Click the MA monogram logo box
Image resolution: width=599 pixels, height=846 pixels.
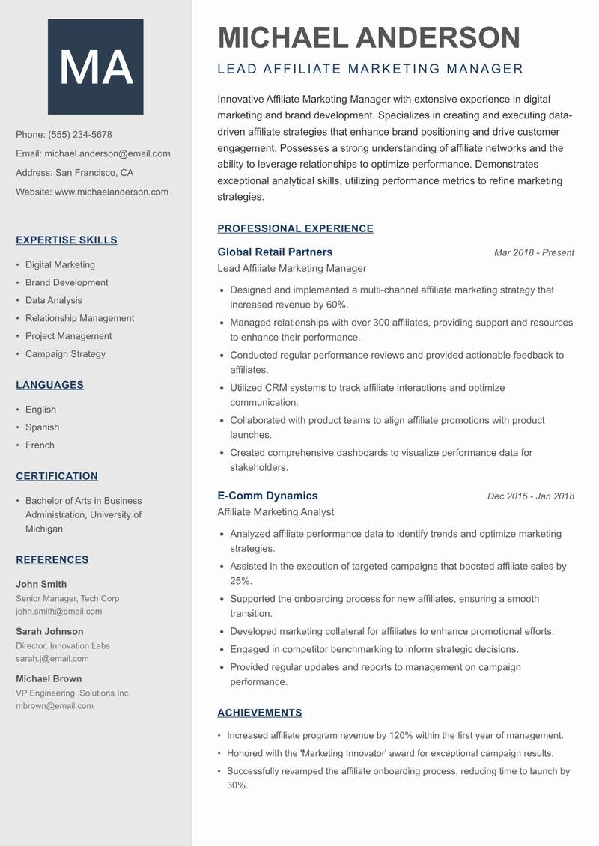(95, 67)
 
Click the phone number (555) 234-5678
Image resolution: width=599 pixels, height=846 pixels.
(80, 135)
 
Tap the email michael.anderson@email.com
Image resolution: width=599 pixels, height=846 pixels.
(107, 153)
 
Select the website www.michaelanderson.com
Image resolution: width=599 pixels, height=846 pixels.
(112, 192)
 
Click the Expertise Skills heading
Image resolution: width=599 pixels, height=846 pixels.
(67, 240)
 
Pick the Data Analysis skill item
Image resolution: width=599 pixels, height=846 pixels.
(54, 300)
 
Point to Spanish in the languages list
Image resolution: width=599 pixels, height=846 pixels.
(42, 427)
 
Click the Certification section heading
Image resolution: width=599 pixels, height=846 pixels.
(57, 476)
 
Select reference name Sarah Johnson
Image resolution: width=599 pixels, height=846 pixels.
(49, 631)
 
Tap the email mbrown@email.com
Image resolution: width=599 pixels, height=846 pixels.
(55, 705)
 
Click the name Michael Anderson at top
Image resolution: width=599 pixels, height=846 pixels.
(368, 37)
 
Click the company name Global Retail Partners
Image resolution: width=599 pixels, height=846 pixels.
(275, 252)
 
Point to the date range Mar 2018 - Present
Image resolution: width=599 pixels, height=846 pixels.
(534, 253)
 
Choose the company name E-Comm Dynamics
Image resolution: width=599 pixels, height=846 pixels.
(267, 496)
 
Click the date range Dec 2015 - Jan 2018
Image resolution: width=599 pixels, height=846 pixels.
(530, 496)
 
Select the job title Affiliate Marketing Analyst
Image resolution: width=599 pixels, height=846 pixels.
(276, 512)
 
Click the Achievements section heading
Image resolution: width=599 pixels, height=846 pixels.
(260, 713)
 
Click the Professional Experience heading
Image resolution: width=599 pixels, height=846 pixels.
(295, 229)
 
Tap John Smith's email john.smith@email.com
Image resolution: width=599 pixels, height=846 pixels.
(59, 611)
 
